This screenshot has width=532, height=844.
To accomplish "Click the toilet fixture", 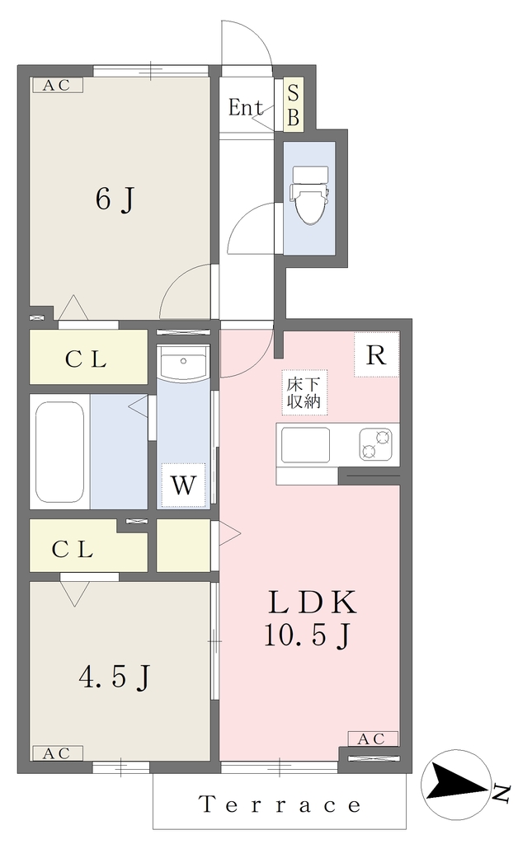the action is pyautogui.click(x=309, y=194).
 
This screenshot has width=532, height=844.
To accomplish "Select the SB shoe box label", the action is pyautogui.click(x=293, y=105).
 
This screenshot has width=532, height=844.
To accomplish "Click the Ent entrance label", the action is pyautogui.click(x=245, y=108).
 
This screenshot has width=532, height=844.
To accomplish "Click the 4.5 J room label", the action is pyautogui.click(x=114, y=678).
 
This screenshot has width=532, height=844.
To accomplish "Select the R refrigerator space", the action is pyautogui.click(x=376, y=354).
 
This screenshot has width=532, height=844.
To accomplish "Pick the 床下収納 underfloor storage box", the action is pyautogui.click(x=304, y=392).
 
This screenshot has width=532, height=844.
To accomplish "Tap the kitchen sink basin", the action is pyautogui.click(x=305, y=444).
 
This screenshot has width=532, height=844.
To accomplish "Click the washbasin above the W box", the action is pyautogui.click(x=184, y=365).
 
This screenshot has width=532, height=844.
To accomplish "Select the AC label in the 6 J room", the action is pyautogui.click(x=57, y=85).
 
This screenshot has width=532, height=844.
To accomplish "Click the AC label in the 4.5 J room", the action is pyautogui.click(x=57, y=753).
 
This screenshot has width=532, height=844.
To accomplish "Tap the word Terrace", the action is pyautogui.click(x=280, y=804).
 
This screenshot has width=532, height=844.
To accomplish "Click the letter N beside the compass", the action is pyautogui.click(x=501, y=794).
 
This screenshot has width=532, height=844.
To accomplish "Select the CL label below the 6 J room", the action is pyautogui.click(x=86, y=359).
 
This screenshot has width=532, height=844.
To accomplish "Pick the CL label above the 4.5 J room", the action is pyautogui.click(x=73, y=550).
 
